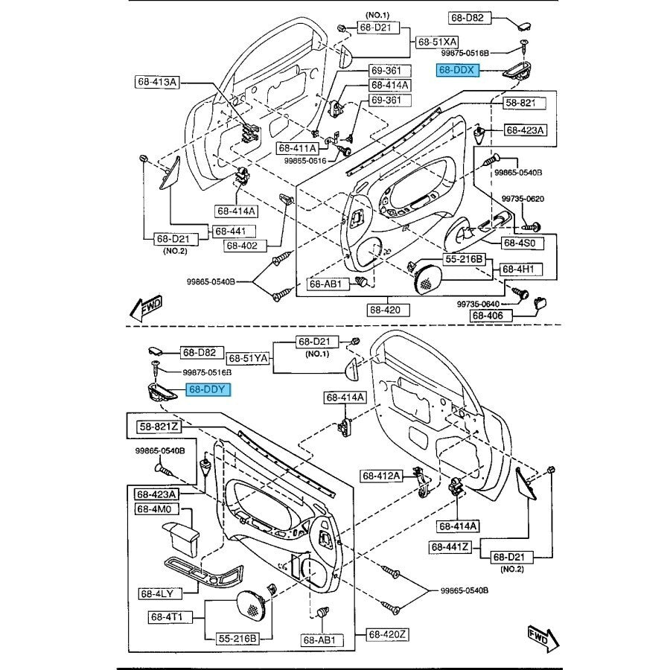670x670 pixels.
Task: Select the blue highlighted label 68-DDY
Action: (208, 389)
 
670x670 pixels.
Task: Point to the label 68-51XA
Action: (438, 42)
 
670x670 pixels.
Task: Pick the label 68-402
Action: (242, 245)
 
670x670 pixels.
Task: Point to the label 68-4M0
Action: (153, 509)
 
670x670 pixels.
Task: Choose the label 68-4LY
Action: (156, 594)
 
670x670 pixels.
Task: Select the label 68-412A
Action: (382, 476)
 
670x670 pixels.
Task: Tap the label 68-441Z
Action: (450, 548)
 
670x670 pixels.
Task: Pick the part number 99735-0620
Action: (523, 199)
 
